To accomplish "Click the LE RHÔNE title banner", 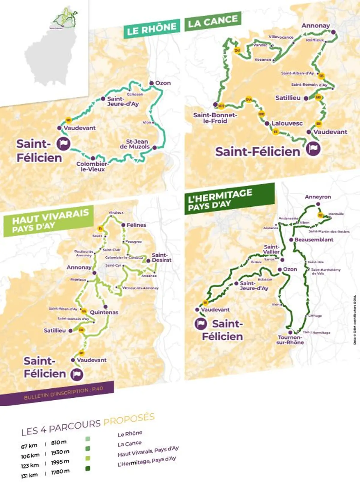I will pos(151,28).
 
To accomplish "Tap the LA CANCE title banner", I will pos(213,21).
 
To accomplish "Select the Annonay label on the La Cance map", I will pos(316,25).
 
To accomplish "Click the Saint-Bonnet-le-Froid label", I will pos(215,118).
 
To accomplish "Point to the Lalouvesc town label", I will pos(287,123).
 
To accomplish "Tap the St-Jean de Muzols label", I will pos(134,144).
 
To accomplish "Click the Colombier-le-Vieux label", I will pos(92,166).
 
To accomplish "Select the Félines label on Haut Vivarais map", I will pos(136,225).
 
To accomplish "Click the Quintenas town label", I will pos(104,312).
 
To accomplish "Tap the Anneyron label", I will pos(318,197).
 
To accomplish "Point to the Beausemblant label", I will pos(314,240).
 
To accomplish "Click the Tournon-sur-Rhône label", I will pos(290,340).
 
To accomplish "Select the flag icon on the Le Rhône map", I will pos(63,144).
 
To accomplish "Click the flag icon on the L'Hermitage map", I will pos(201,324).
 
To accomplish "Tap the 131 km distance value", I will pos(29,476).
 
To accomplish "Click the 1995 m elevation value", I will pos(60,462).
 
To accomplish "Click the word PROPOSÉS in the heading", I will pos(129,419).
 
